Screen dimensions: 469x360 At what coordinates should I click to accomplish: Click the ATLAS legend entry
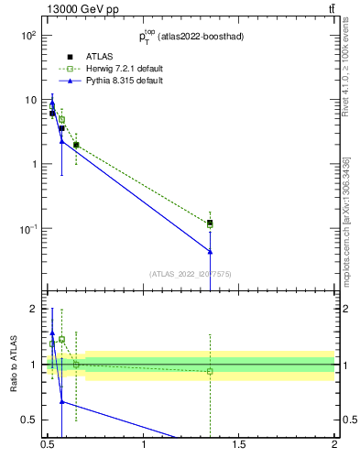click(87, 55)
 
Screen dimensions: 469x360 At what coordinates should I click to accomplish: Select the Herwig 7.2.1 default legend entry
click(112, 68)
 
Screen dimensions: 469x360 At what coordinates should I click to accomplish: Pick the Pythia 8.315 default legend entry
click(111, 81)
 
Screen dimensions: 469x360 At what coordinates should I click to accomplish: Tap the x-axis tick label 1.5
click(239, 446)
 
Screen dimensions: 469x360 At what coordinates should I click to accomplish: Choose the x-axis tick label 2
click(334, 446)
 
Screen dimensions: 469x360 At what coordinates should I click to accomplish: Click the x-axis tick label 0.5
click(49, 446)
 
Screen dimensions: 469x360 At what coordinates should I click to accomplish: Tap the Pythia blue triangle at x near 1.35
click(211, 251)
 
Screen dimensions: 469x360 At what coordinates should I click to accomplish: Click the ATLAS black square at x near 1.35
click(211, 223)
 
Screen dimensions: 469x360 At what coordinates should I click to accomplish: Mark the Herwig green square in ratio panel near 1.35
click(211, 371)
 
